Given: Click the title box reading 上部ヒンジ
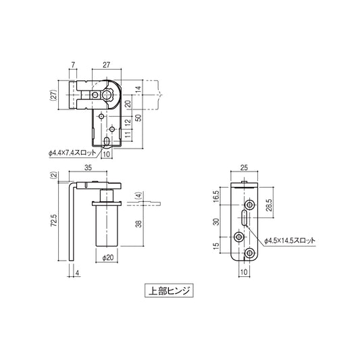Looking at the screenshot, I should point(168,291).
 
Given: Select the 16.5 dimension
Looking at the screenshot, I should point(217,197).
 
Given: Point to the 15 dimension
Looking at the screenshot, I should point(217,245).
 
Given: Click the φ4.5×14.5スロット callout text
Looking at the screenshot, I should point(290,240).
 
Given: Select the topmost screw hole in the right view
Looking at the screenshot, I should point(250,204).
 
